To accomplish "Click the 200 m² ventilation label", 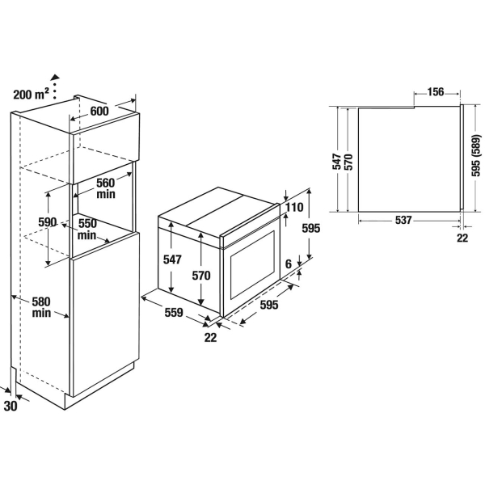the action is coord(31,94).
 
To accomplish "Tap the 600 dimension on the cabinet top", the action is coord(99,111).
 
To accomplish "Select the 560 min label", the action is coord(106,188).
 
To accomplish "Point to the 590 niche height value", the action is coord(48,222).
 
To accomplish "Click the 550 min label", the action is coord(87,230).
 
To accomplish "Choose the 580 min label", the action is coord(41,307).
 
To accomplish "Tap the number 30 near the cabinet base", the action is coord(11,406).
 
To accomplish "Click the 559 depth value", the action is coord(174,312).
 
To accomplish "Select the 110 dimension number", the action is coord(294,207).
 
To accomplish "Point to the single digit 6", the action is coord(289,264).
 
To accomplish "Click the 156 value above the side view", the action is coord(436,92).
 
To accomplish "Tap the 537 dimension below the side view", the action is coord(403,220).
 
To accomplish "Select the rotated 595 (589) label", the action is coord(476,155).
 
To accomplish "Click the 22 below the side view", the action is coord(462,238).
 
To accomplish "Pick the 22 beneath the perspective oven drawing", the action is coord(210,337).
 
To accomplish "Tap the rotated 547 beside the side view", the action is coord(336,161).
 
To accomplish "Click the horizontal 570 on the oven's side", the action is coord(201,276).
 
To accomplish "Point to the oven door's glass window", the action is coord(253,264).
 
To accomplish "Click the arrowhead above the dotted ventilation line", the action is coord(55,77).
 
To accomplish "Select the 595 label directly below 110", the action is coord(311,228).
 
